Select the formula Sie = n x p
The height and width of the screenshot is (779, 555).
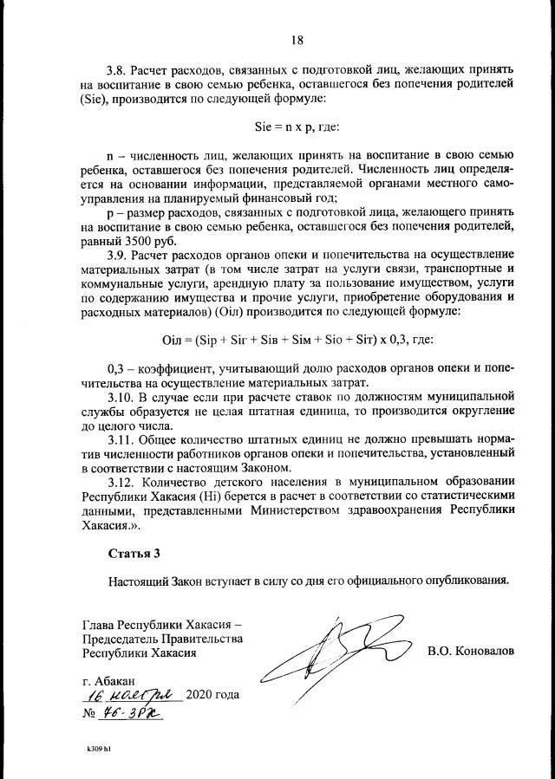[x=296, y=127]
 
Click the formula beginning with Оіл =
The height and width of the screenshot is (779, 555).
[x=297, y=338]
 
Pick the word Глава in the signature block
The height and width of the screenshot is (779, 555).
[x=97, y=624]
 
